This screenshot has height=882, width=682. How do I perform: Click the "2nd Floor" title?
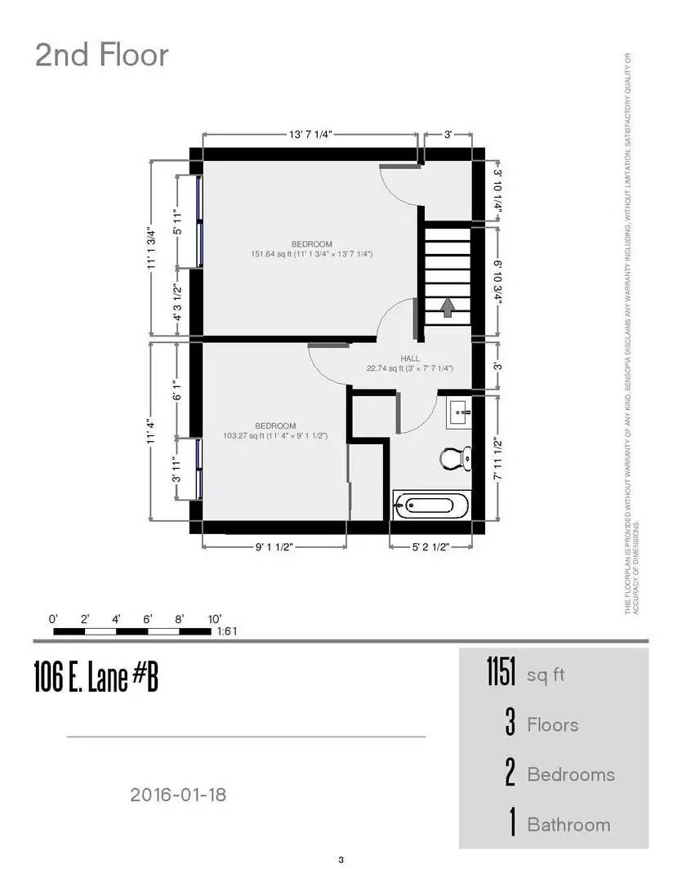tap(101, 56)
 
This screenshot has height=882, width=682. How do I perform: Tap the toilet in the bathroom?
tap(453, 457)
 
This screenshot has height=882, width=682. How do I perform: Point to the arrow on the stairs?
tap(447, 307)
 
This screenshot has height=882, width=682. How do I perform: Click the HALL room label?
tap(410, 359)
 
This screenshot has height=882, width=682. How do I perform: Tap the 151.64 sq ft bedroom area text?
tap(311, 254)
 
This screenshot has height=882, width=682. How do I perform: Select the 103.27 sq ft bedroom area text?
tap(275, 435)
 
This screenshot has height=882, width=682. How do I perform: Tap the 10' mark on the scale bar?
tap(215, 619)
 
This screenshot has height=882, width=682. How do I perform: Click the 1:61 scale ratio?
tap(226, 631)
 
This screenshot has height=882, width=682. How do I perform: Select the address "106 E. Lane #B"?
tap(96, 678)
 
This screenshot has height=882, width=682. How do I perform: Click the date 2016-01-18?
tap(178, 794)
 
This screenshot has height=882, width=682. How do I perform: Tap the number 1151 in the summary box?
tap(501, 674)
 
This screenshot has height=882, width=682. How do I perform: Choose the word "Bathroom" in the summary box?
tap(568, 824)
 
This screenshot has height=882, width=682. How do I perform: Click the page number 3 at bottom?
tap(341, 859)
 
